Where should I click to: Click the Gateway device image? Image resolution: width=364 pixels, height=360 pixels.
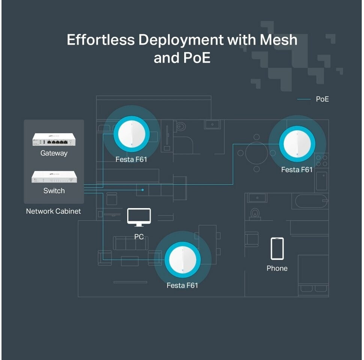point(54,139)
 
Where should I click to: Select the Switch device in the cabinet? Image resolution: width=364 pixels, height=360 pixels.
point(54,177)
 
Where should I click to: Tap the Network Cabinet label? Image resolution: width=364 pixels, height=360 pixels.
point(53,211)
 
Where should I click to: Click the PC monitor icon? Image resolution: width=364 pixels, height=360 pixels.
point(139,217)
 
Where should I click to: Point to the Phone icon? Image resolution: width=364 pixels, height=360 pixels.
point(277,248)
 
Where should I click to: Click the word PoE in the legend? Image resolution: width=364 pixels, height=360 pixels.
point(322,99)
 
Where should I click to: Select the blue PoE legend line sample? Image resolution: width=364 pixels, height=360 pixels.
point(304,99)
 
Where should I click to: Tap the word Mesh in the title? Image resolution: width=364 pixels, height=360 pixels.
point(278,40)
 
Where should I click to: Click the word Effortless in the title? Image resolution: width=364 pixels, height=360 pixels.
point(101,40)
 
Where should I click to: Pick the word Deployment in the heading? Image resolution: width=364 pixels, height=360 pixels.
point(181,40)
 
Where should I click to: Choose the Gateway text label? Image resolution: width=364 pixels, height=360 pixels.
point(54,153)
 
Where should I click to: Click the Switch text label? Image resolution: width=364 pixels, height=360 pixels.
point(54,190)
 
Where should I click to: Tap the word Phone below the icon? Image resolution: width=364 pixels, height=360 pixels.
point(277,268)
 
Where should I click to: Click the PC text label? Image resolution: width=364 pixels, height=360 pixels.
point(139,237)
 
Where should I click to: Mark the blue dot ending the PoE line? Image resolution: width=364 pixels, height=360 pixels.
point(143,190)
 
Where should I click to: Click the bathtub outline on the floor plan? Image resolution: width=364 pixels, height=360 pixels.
point(311,201)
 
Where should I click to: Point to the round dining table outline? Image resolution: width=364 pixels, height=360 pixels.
point(257,153)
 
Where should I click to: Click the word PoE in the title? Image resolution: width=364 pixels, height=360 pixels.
point(197,58)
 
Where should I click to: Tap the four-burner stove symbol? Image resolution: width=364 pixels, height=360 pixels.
point(322,160)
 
